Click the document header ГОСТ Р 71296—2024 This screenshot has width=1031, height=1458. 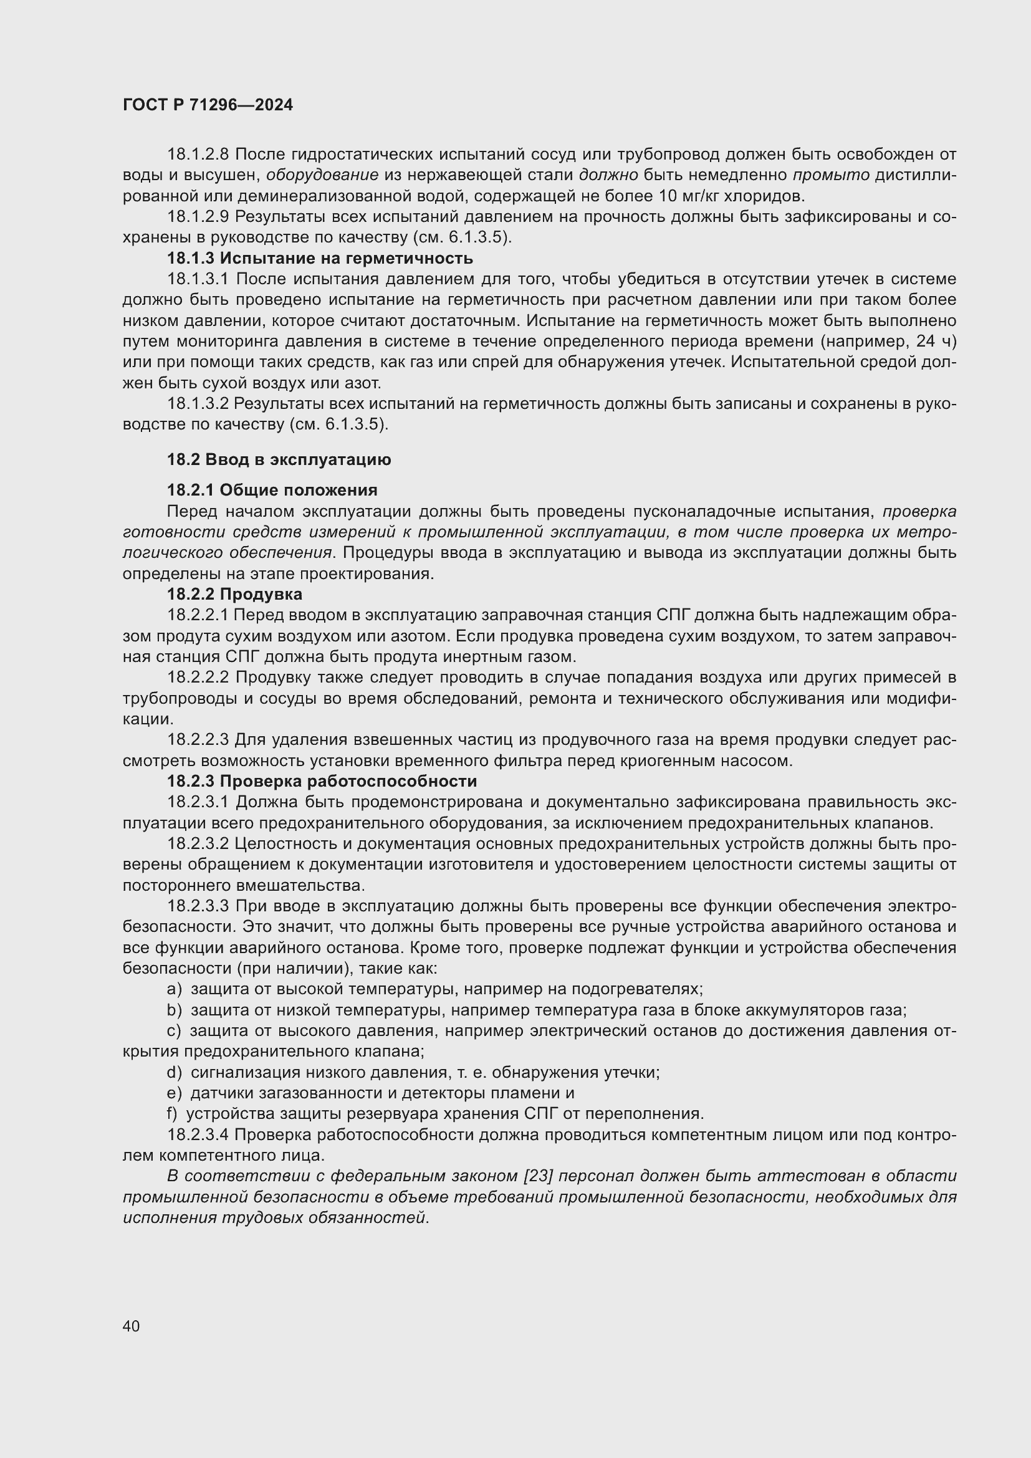(208, 105)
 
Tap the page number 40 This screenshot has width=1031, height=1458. (132, 1326)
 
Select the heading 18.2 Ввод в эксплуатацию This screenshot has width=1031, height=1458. (279, 460)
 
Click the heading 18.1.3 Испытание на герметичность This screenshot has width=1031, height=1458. (320, 259)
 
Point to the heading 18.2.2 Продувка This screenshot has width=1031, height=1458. (234, 595)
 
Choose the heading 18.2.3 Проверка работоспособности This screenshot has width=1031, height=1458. (322, 781)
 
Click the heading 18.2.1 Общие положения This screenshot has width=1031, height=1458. (272, 490)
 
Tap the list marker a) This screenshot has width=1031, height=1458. (174, 989)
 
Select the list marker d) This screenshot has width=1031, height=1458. (174, 1073)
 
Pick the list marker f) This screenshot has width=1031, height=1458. (172, 1114)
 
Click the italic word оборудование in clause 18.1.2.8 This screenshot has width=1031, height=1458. (322, 175)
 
